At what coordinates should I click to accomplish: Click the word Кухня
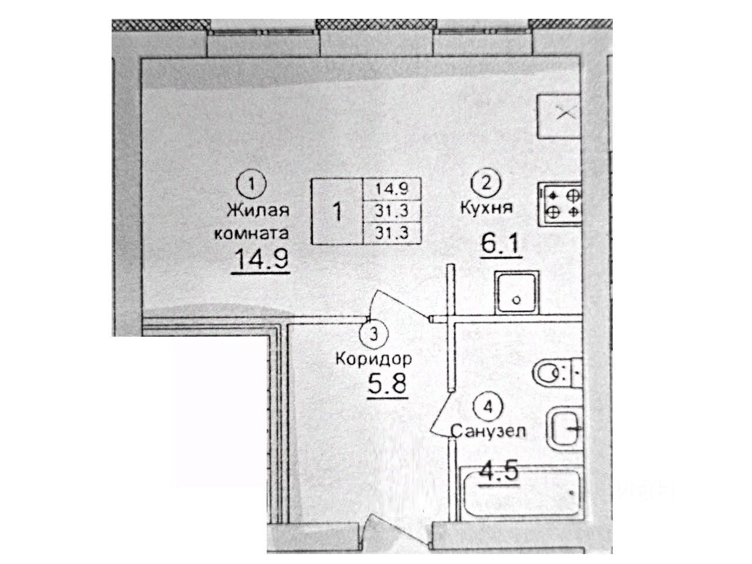(x=487, y=207)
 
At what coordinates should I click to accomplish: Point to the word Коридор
(x=374, y=358)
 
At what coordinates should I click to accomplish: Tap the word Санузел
(x=488, y=432)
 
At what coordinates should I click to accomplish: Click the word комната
(x=251, y=233)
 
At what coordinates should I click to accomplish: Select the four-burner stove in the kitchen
(x=559, y=203)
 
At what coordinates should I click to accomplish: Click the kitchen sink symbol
(x=517, y=293)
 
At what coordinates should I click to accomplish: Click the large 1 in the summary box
(x=337, y=210)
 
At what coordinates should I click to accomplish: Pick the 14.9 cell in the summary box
(x=392, y=189)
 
